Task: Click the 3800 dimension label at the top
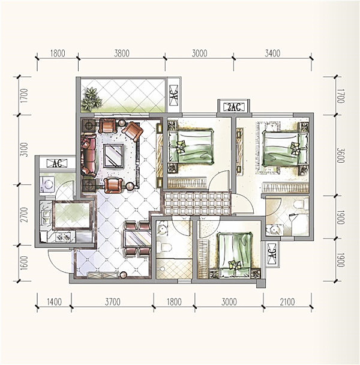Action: pos(121,53)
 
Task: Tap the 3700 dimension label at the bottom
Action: pos(112,302)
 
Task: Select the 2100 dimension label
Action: pos(287,302)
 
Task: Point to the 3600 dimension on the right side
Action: pos(340,155)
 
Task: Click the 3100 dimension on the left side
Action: pos(24,149)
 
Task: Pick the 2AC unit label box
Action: pos(234,107)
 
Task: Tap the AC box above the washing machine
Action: pos(57,163)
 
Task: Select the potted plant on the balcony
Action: pos(91,99)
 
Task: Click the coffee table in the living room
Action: pos(113,155)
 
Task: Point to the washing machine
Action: pos(47,186)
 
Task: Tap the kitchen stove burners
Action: pos(63,238)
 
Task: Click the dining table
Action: pos(137,238)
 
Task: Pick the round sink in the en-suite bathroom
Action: pos(275,230)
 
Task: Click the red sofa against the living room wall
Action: pos(88,155)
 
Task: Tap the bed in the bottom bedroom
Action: pos(235,255)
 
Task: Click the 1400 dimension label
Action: pos(54,302)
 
